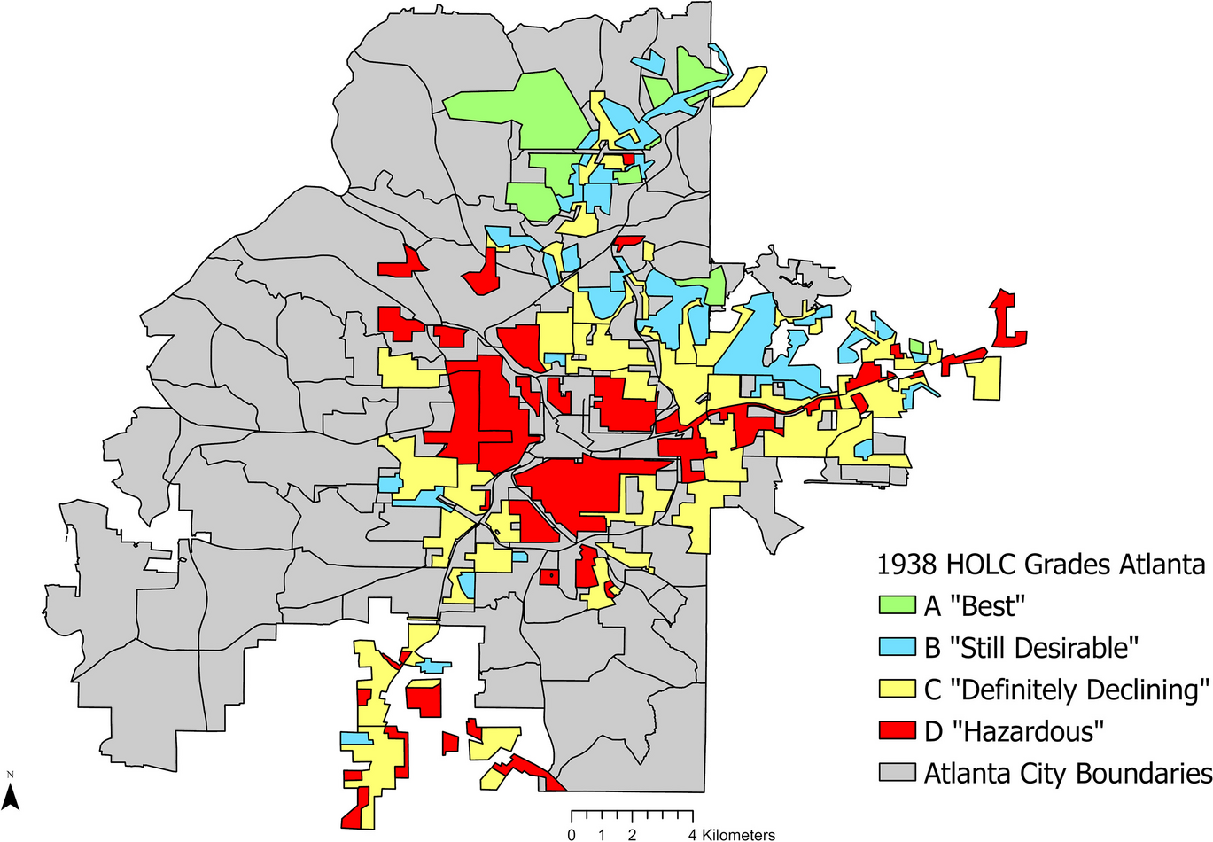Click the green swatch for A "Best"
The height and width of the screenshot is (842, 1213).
[897, 605]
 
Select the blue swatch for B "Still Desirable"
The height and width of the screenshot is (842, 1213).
[897, 647]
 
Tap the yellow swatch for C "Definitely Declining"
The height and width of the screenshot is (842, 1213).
[897, 689]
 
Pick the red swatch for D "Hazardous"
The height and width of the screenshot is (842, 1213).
[897, 730]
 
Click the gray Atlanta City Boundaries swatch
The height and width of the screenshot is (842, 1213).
[897, 772]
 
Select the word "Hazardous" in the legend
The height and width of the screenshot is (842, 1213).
[1027, 731]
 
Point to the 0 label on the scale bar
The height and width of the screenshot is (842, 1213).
[572, 835]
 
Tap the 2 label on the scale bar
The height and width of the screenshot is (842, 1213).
[632, 835]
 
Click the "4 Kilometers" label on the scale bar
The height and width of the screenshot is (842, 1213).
[732, 835]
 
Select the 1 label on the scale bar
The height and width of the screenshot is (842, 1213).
[602, 835]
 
